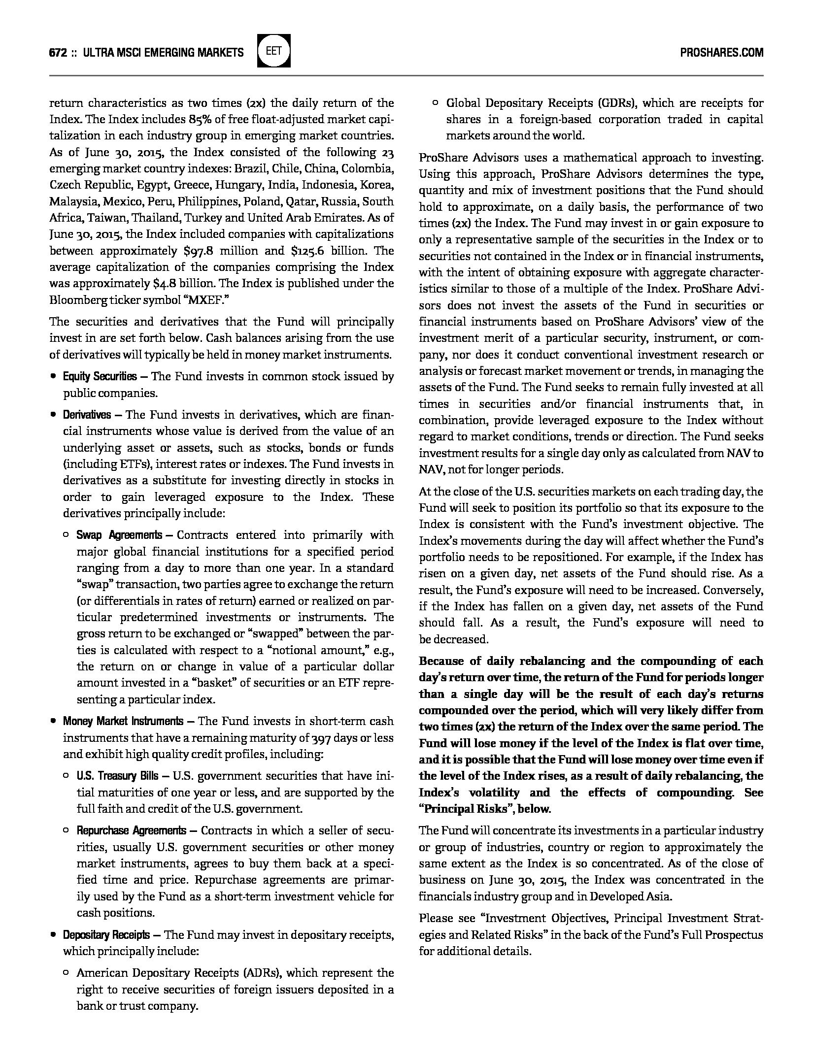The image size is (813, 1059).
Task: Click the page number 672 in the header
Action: click(58, 52)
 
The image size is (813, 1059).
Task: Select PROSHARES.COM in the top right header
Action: click(721, 52)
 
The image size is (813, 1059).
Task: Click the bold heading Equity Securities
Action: click(100, 377)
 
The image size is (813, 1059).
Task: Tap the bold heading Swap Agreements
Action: click(119, 535)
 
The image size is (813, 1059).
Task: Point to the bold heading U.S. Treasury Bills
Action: click(117, 776)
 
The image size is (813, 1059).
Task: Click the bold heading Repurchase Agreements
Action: click(131, 831)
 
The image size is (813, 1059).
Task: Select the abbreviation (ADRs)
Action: click(262, 973)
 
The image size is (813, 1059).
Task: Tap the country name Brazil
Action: click(249, 168)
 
